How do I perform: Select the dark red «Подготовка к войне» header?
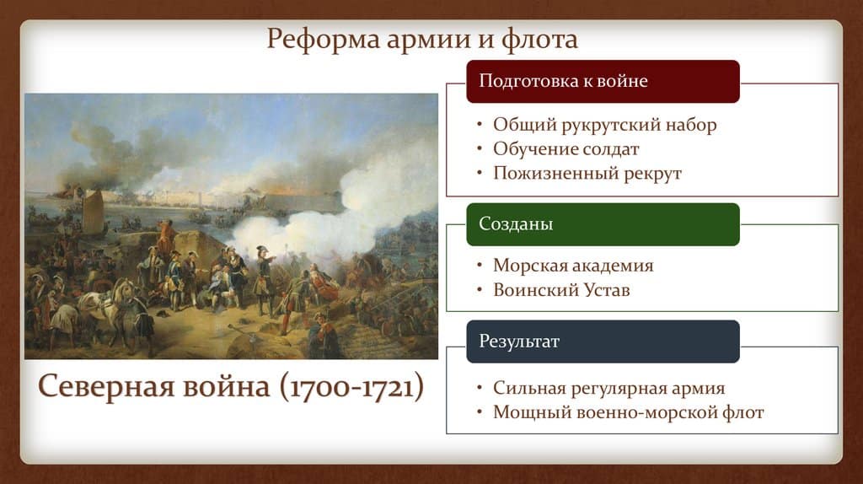(603, 81)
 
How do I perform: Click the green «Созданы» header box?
(603, 224)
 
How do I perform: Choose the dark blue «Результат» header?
(603, 341)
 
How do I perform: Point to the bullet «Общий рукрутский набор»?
(604, 126)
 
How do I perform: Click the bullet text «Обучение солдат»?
(566, 149)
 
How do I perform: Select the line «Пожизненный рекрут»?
(587, 173)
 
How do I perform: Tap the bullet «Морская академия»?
(573, 266)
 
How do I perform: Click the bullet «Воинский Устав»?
(561, 290)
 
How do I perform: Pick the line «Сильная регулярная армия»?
(608, 389)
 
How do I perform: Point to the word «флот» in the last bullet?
(745, 413)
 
